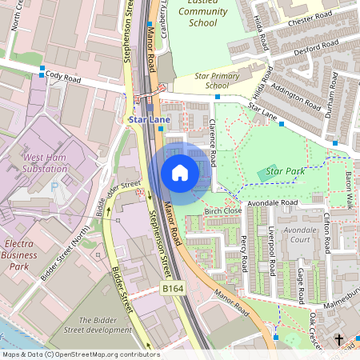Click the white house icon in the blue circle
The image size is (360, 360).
coord(180,173)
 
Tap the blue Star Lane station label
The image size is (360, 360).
coord(149,120)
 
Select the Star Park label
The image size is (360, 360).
coord(286,171)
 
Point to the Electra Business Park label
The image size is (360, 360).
coord(19,249)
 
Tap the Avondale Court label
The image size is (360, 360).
coord(301,234)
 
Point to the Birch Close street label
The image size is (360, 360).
coord(223,211)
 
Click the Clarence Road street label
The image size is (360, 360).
coord(213,144)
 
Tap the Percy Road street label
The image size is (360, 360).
coord(244,252)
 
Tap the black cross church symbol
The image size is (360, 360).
coord(338,340)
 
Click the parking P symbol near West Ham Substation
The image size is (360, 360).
coord(54,186)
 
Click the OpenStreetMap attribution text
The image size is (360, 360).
coord(81,354)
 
